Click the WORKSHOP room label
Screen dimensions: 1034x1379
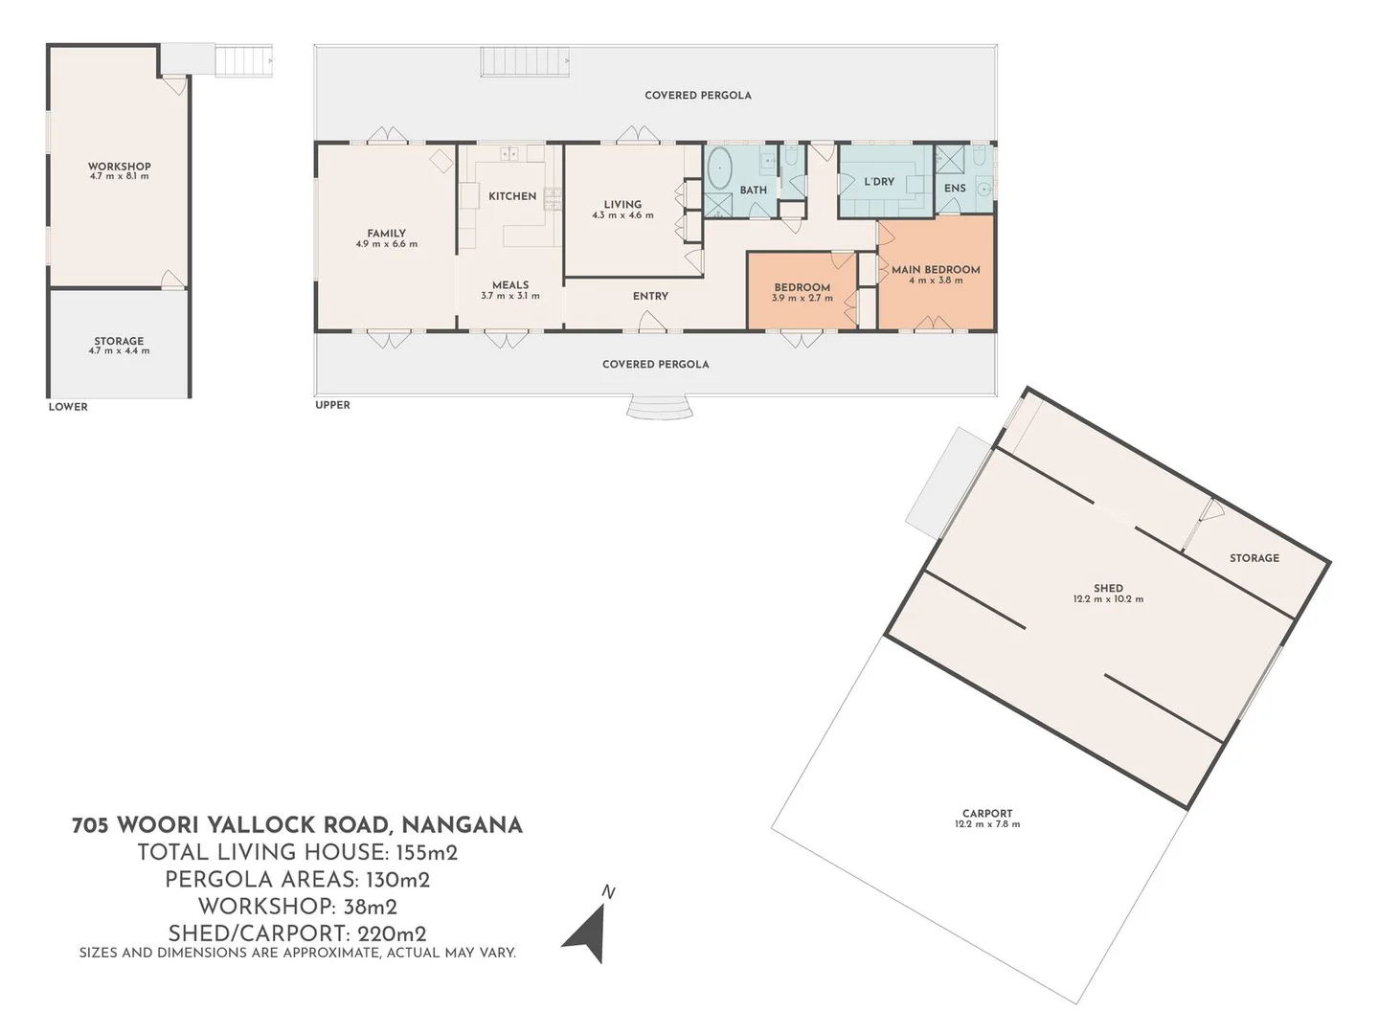(x=120, y=167)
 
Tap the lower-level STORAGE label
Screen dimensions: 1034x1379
(x=119, y=341)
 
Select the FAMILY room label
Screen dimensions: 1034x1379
(x=386, y=233)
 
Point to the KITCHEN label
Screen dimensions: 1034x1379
(x=512, y=196)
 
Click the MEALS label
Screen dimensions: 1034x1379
(x=510, y=285)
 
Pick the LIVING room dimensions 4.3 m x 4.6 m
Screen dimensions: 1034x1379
(x=622, y=215)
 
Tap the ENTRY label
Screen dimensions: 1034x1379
(x=650, y=297)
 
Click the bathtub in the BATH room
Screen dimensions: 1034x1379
(x=719, y=169)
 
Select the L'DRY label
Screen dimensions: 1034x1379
(x=879, y=182)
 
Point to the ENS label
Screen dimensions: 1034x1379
(x=955, y=189)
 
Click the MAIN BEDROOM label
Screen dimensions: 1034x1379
(x=936, y=270)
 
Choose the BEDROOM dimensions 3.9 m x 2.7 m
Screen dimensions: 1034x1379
(x=803, y=299)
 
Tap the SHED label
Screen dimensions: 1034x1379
(x=1108, y=589)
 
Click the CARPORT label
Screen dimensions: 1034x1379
(x=987, y=814)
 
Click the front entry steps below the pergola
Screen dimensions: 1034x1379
(x=660, y=409)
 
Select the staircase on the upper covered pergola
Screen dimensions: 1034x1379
(x=526, y=64)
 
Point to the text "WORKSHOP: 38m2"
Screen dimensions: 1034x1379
(x=297, y=907)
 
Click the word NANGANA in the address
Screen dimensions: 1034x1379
(x=462, y=825)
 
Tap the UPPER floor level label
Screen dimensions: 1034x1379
(x=333, y=405)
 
